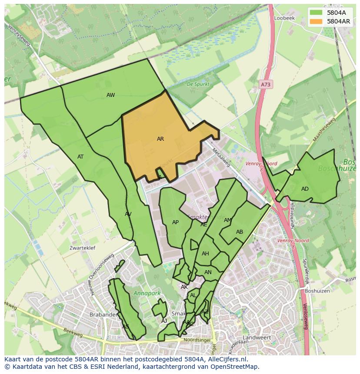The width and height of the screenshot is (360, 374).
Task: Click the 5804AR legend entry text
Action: point(339,21)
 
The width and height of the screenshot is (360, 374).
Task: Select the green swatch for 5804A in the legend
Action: point(317,13)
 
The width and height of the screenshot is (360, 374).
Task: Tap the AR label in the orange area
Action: point(160,139)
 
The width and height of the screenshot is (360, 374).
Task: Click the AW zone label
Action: point(111,95)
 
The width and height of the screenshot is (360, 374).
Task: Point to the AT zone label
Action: point(80,157)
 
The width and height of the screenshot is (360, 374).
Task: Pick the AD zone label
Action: point(305,189)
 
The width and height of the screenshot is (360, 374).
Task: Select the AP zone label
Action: point(175,222)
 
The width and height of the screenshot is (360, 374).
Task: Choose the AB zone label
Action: point(240,232)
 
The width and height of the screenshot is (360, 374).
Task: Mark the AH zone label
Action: point(205,254)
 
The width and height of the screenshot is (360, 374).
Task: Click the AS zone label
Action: point(126,327)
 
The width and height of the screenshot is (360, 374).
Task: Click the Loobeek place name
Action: point(284,18)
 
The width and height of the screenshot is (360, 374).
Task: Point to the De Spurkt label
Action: point(198,84)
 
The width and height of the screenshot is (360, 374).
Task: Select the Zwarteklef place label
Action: point(82,248)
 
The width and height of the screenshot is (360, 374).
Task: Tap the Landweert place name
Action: point(257,338)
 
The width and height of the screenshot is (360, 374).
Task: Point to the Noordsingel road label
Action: point(197,340)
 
